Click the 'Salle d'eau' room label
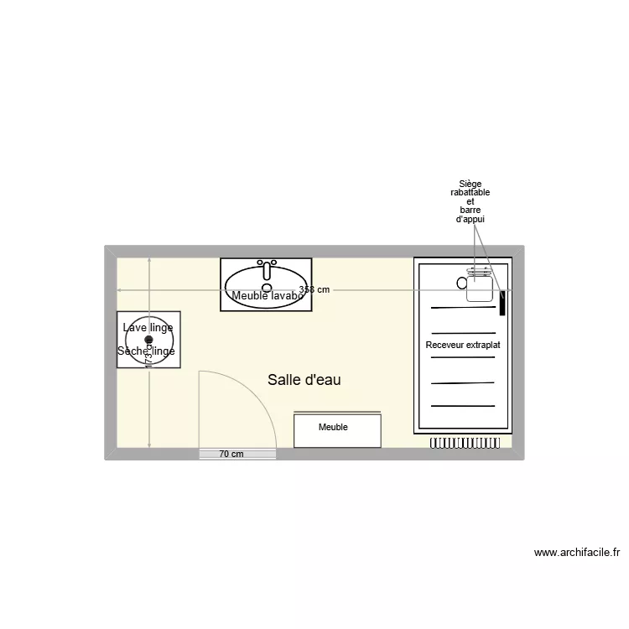304,380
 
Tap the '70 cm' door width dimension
231,455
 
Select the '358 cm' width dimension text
314,289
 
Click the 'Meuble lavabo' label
267,296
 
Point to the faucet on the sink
267,268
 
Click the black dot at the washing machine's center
148,340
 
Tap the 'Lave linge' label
148,327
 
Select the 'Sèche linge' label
147,351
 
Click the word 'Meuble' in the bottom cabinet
333,427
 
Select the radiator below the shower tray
470,441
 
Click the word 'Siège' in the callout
470,184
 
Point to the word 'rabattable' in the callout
470,193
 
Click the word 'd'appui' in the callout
470,219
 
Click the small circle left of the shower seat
461,283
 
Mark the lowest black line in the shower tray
463,406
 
